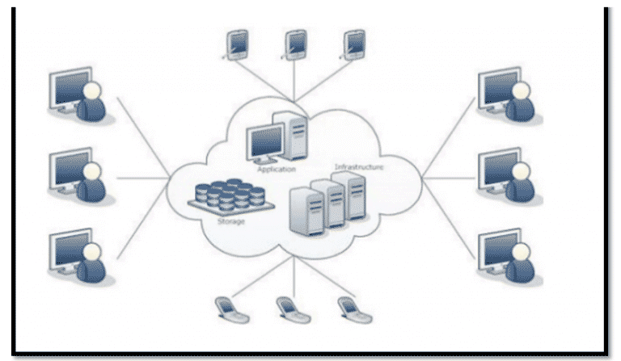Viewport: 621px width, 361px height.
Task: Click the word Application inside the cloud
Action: tap(277, 170)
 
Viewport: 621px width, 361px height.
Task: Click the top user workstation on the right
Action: tap(506, 95)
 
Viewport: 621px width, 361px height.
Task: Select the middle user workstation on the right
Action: tap(506, 174)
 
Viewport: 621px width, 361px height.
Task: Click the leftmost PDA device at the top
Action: tap(237, 45)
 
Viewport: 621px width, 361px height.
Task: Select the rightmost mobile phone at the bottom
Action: tap(349, 309)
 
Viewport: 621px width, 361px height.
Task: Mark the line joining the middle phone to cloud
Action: tap(294, 279)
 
